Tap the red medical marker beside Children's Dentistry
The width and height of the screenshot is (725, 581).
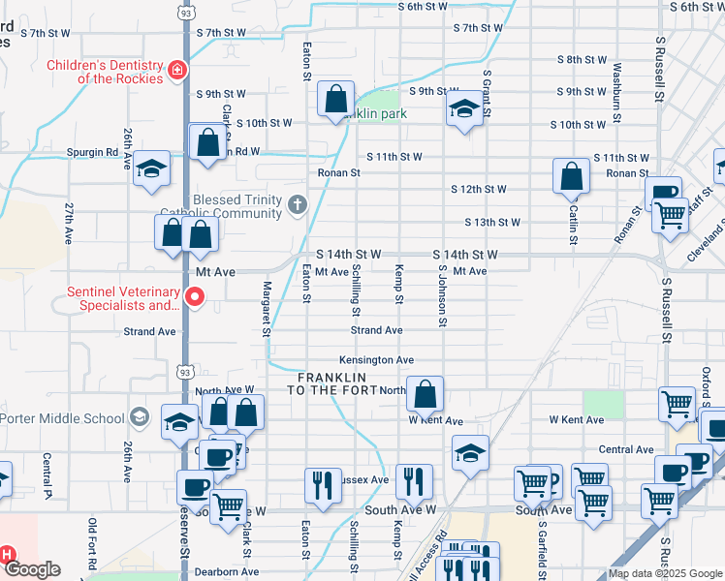click(x=177, y=70)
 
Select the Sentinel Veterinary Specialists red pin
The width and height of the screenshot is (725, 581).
click(x=194, y=297)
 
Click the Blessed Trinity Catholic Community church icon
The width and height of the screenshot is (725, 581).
click(x=297, y=205)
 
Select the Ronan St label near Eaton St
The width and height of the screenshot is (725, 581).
click(x=339, y=173)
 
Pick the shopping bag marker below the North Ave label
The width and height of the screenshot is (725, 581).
click(x=425, y=394)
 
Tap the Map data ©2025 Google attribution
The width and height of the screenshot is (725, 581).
click(x=665, y=573)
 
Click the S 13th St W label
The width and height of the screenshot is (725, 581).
click(x=492, y=222)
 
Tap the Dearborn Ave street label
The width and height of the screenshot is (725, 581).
click(x=227, y=572)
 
